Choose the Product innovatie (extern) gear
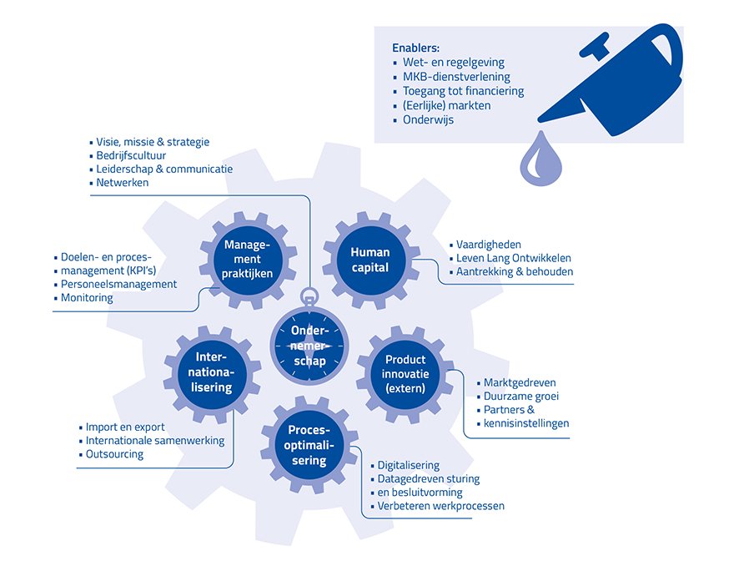coord(405,373)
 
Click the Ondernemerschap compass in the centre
coord(309,343)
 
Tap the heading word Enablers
coord(415,48)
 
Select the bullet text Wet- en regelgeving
coord(453,63)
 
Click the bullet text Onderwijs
coord(428,119)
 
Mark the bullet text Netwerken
coord(123,182)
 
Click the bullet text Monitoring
coord(87,297)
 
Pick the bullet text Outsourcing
coord(114,454)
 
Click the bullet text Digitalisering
coord(408,465)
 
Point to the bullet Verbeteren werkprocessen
coord(440,506)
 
